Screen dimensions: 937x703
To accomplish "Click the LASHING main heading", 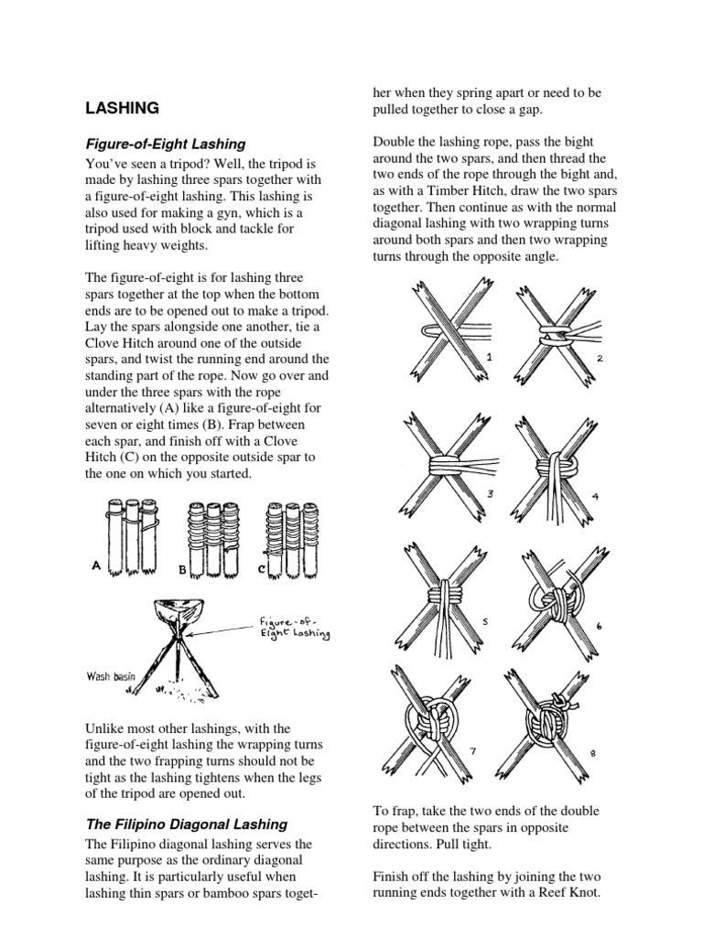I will click(122, 108).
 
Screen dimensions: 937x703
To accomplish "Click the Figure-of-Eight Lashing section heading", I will click(165, 144).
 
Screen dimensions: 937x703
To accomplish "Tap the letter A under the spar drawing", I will click(95, 565).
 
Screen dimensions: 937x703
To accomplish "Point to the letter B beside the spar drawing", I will click(181, 568).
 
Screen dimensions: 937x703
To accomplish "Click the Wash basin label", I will click(111, 677).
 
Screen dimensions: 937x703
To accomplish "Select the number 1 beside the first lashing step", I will click(491, 357).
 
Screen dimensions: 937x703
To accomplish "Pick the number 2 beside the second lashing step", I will click(599, 359).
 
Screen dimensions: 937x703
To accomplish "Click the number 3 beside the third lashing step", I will click(491, 494).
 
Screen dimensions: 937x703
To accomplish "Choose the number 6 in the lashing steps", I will click(599, 625).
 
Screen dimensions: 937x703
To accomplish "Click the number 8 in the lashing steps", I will click(593, 753).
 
